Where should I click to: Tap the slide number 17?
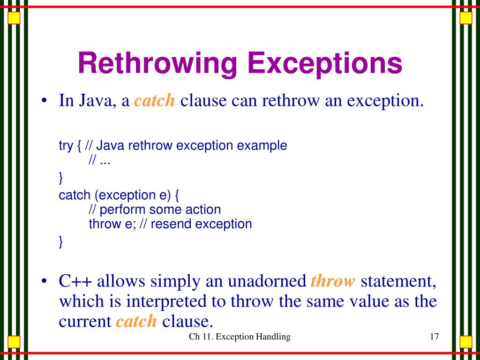pyautogui.click(x=434, y=337)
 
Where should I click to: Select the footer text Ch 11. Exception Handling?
pyautogui.click(x=240, y=337)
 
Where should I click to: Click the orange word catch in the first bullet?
pyautogui.click(x=155, y=101)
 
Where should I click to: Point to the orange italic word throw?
pyautogui.click(x=333, y=281)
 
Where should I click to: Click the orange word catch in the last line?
pyautogui.click(x=136, y=321)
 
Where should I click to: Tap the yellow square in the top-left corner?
pyautogui.click(x=15, y=18)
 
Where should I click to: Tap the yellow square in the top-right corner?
pyautogui.click(x=465, y=18)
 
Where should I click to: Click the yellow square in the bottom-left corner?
pyautogui.click(x=15, y=341)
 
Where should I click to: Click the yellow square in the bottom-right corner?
pyautogui.click(x=465, y=341)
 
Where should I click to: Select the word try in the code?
pyautogui.click(x=65, y=146)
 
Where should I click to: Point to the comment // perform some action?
pyautogui.click(x=155, y=209)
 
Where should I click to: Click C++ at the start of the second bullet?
pyautogui.click(x=75, y=282)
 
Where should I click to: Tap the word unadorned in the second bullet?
pyautogui.click(x=266, y=282)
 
